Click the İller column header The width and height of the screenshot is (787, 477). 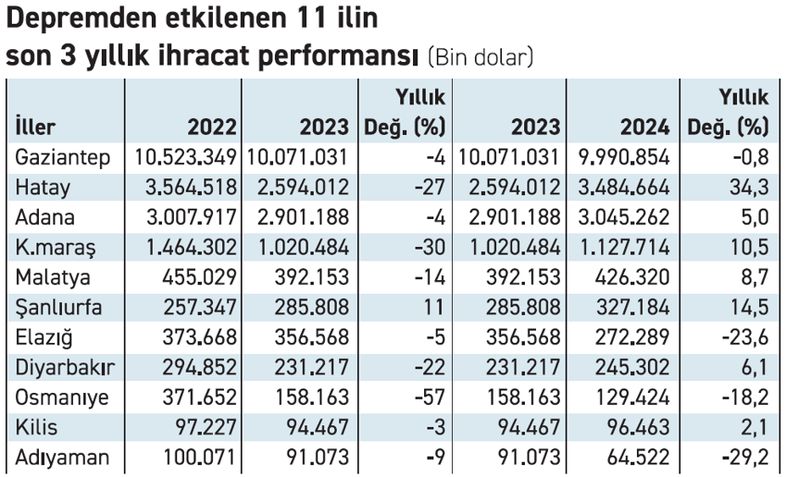pyautogui.click(x=36, y=127)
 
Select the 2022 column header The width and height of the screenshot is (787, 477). pyautogui.click(x=211, y=127)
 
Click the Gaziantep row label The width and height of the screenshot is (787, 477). pyautogui.click(x=63, y=157)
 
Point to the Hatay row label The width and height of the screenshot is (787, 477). pyautogui.click(x=44, y=188)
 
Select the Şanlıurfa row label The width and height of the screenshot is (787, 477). pyautogui.click(x=60, y=307)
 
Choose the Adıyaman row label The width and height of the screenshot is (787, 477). pyautogui.click(x=62, y=457)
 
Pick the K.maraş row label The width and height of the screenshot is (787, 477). pyautogui.click(x=53, y=247)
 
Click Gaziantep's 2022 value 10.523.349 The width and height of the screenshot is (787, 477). pyautogui.click(x=186, y=157)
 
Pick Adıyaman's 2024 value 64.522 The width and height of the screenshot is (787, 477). pyautogui.click(x=640, y=457)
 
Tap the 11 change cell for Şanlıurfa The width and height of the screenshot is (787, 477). pyautogui.click(x=438, y=307)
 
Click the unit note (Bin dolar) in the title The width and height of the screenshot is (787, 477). pyautogui.click(x=481, y=56)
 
